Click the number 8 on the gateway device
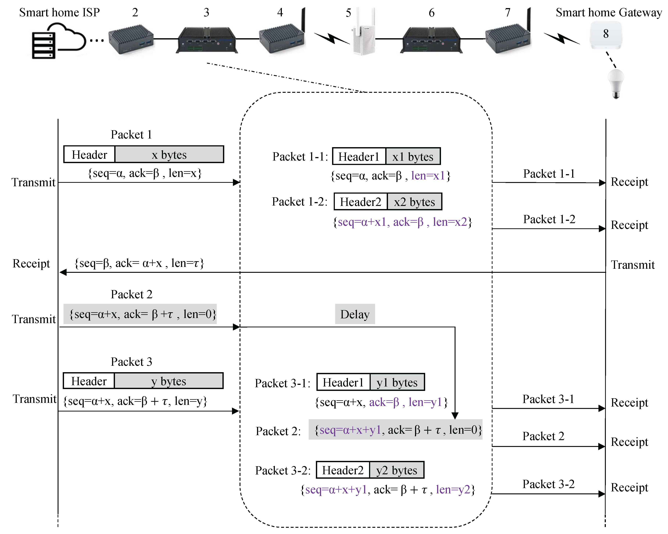(606, 34)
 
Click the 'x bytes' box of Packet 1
(169, 154)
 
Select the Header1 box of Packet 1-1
(359, 157)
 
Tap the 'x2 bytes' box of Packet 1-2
(414, 202)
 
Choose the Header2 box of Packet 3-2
(343, 470)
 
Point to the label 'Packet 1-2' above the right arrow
(549, 219)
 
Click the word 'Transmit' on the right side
(633, 265)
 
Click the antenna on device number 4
(303, 20)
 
